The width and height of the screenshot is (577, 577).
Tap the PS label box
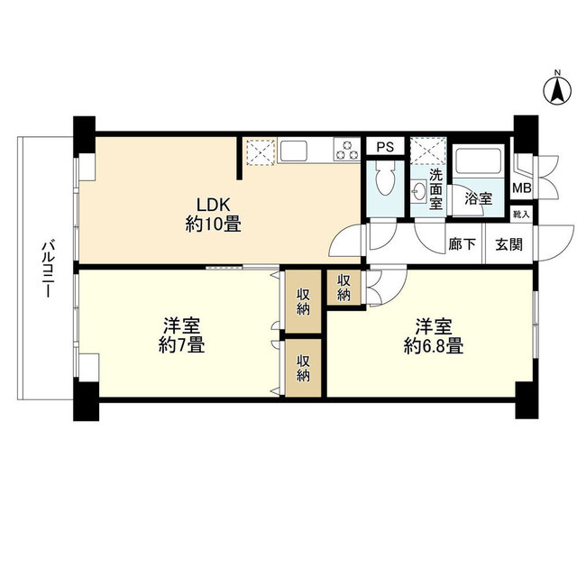(x=385, y=147)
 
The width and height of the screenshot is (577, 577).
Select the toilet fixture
(x=385, y=179)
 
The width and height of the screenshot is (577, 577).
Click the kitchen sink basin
(x=294, y=151)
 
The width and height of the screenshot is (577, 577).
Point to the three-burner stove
(x=347, y=149)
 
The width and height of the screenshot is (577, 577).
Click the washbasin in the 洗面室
(x=418, y=190)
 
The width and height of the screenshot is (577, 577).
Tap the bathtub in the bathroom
(x=478, y=160)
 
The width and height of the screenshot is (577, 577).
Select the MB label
(x=522, y=188)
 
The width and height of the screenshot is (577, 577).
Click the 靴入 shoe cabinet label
(x=521, y=215)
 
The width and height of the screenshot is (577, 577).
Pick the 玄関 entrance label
(x=508, y=244)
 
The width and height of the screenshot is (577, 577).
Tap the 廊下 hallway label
(x=463, y=244)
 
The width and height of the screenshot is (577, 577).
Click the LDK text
(x=214, y=205)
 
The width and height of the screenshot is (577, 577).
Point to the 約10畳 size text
(x=214, y=224)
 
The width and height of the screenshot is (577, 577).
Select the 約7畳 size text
(x=182, y=345)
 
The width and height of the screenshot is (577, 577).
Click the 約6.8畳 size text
(x=434, y=346)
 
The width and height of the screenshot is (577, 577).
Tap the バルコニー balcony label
(x=48, y=269)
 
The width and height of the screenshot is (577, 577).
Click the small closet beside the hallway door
(x=344, y=288)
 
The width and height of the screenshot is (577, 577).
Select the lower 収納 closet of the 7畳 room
(x=303, y=368)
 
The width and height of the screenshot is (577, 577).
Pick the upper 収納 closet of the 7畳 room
(x=303, y=302)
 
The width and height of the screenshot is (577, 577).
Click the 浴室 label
(x=479, y=198)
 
